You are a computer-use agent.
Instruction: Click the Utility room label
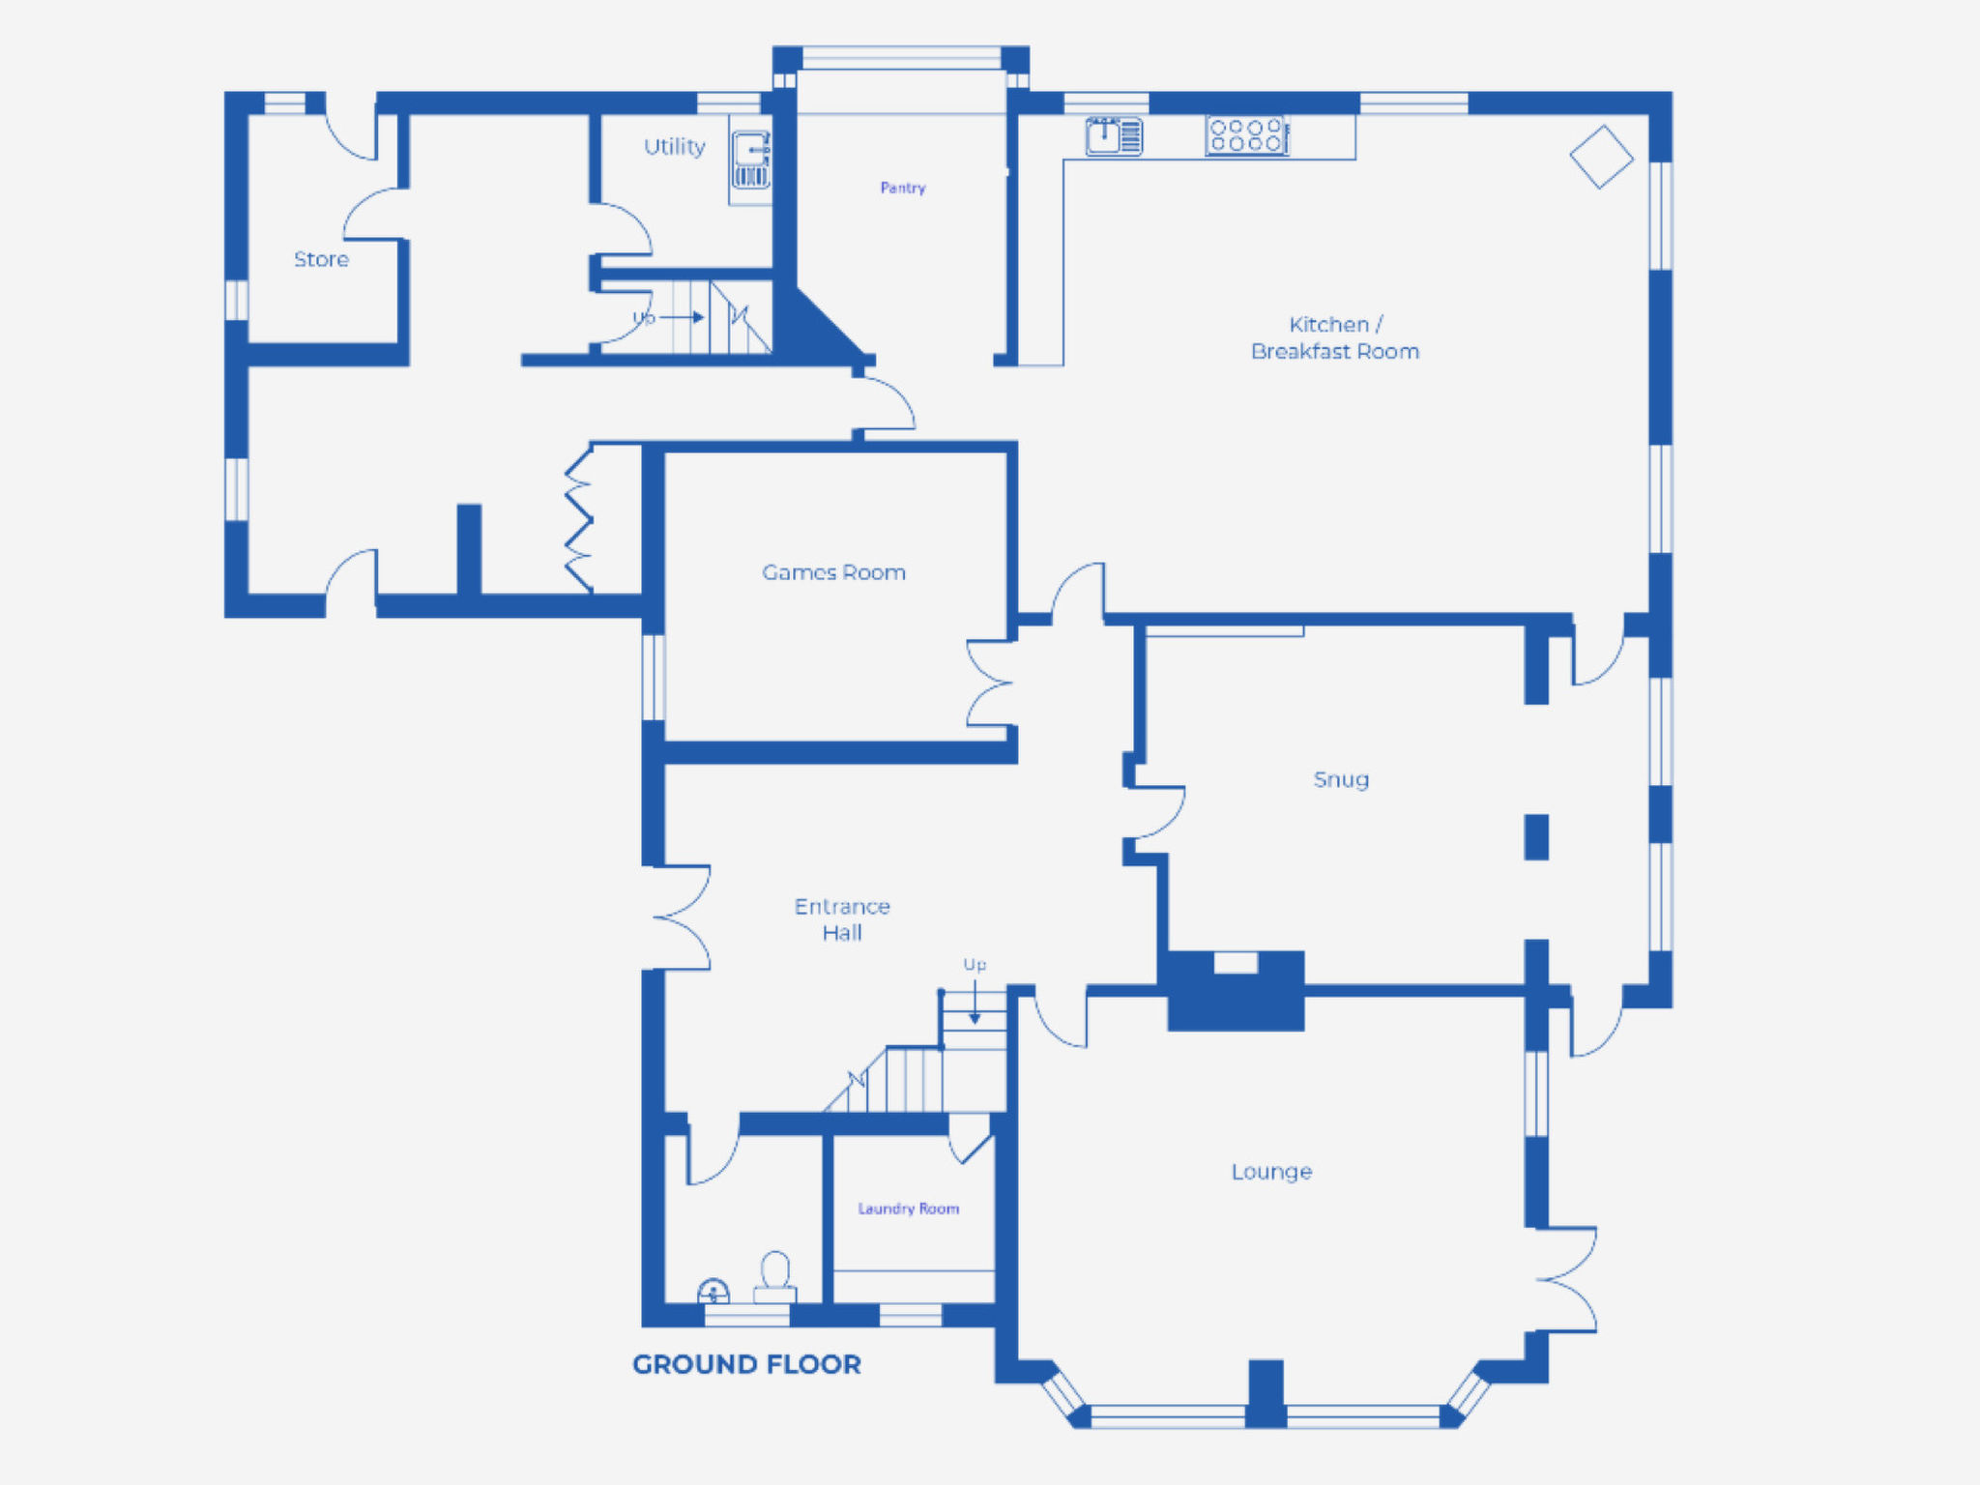coord(675,147)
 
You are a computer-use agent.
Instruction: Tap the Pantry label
coord(903,188)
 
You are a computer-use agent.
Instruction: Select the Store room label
coord(321,259)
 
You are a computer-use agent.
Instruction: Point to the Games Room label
coord(833,572)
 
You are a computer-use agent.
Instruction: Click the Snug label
coord(1341,779)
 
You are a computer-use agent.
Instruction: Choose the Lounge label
coord(1271,1172)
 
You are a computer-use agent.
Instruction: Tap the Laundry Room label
coord(909,1208)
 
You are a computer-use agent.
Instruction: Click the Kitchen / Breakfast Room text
coord(1335,337)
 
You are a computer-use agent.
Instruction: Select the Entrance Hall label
coord(842,919)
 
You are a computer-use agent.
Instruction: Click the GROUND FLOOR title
coord(746,1364)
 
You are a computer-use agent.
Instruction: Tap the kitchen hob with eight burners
coord(1247,135)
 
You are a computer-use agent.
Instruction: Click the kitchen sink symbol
coord(1114,135)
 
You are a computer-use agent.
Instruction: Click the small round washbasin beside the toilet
coord(713,1292)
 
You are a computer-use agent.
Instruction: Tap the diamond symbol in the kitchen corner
coord(1601,157)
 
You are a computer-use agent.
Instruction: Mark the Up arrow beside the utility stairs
coord(682,317)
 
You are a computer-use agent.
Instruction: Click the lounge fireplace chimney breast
coord(1236,991)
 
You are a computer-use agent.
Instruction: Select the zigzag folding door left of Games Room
coord(579,518)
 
